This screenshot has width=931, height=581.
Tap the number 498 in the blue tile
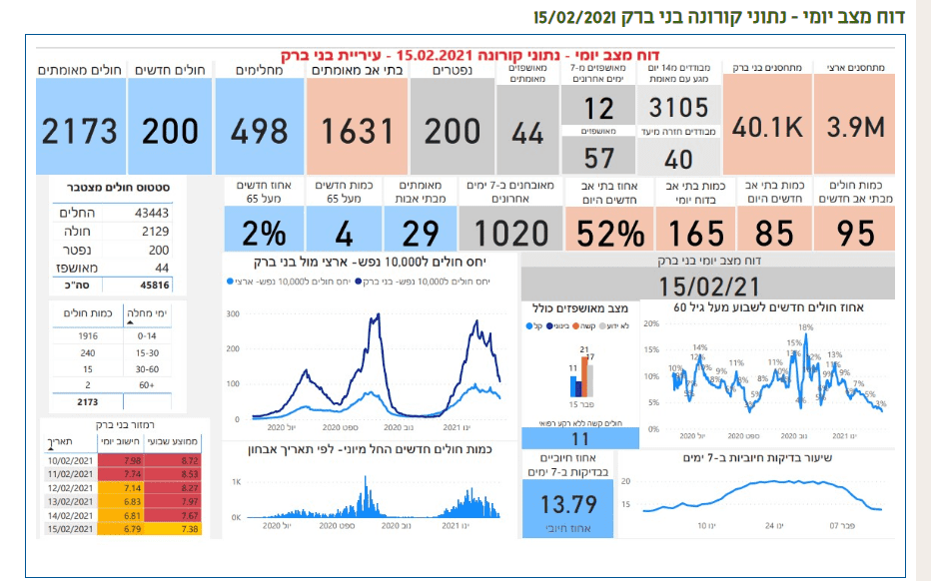click(260, 131)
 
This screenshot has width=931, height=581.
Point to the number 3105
click(678, 108)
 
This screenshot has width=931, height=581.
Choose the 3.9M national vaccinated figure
click(856, 128)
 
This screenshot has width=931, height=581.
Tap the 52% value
click(605, 233)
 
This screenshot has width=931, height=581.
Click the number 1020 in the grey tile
click(511, 233)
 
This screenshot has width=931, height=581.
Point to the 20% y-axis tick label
click(649, 323)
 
